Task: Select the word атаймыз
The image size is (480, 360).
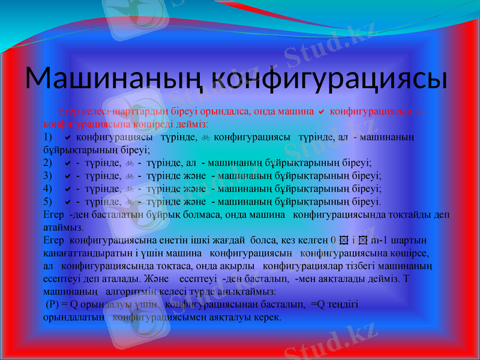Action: pos(64,227)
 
